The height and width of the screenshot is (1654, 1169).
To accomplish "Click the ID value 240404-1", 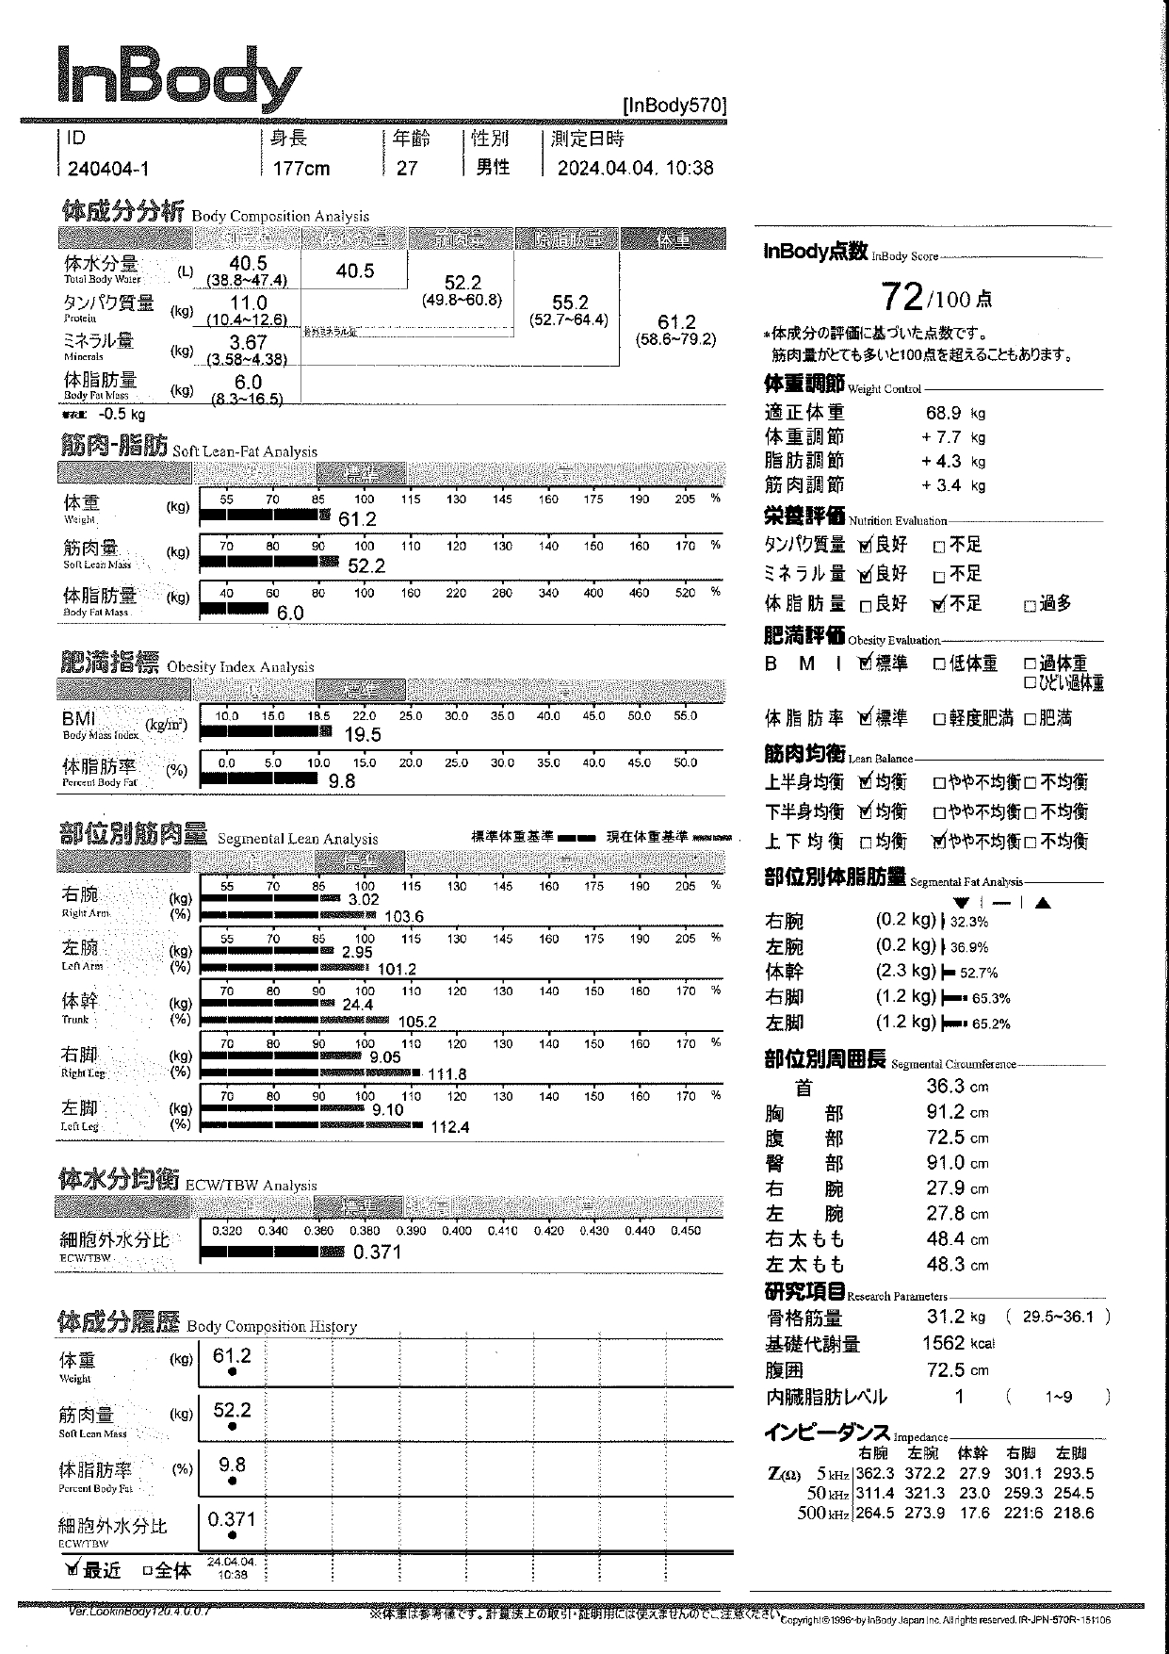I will (x=107, y=169).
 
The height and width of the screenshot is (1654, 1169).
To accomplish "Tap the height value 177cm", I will (x=301, y=169).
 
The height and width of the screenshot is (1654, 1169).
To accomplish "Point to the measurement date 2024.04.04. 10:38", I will (x=635, y=169).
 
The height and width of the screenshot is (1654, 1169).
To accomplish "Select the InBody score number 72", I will (x=901, y=298).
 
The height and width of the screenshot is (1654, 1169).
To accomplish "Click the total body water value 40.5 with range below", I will (x=248, y=264).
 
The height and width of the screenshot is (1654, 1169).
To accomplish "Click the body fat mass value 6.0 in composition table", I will (x=248, y=382).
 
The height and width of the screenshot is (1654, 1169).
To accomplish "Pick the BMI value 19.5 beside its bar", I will (x=363, y=735).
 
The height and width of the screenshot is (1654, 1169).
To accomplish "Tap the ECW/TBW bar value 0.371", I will (x=377, y=1253).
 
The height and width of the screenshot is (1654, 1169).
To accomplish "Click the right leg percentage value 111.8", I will (x=446, y=1074).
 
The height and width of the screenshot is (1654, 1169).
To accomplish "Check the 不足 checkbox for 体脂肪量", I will (x=938, y=605).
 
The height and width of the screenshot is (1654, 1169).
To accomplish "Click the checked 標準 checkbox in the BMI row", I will (x=867, y=663).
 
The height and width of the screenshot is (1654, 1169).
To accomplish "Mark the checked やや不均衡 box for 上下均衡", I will (x=938, y=842).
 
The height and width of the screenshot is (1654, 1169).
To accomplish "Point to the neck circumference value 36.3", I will (x=945, y=1087).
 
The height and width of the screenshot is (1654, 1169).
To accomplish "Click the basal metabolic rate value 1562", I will (x=943, y=1343).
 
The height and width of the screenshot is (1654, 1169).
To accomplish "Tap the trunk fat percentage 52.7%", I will (x=979, y=973).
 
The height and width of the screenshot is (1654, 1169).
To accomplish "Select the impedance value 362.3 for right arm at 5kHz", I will (x=875, y=1474).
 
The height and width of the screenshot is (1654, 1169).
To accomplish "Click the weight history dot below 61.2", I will (x=233, y=1372).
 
